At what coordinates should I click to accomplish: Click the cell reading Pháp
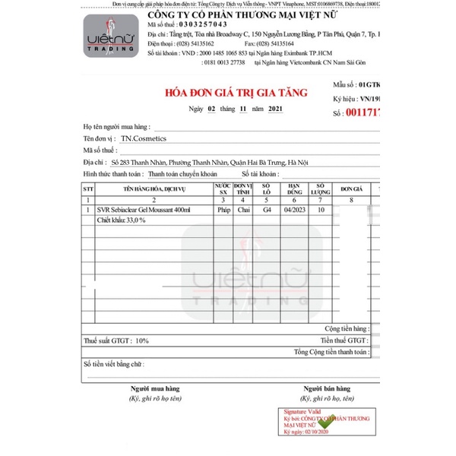223,209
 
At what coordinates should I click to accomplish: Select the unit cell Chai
243,209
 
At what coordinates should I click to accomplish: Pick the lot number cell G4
267,209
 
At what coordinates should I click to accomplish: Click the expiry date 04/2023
294,209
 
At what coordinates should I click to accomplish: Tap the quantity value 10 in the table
321,209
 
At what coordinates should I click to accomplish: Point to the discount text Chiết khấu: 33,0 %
122,219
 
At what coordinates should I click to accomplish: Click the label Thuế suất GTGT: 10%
116,342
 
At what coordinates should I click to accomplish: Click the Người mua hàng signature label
154,388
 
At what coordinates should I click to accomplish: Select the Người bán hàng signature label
328,388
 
